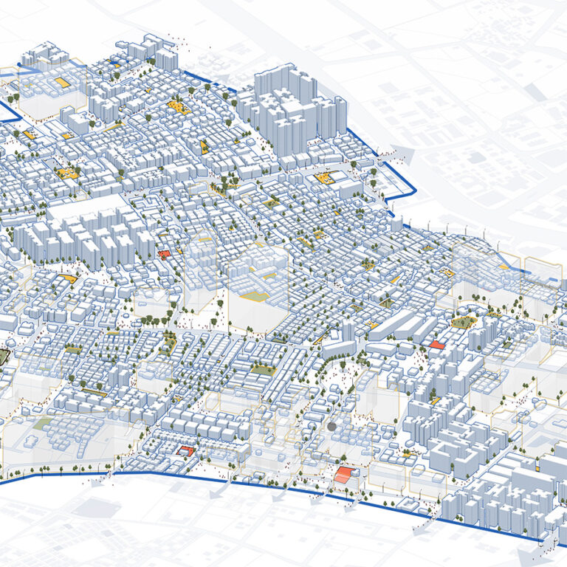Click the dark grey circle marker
point(331,426)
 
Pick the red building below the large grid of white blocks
point(185,450)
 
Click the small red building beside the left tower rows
point(164,254)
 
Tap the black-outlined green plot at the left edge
point(4,357)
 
